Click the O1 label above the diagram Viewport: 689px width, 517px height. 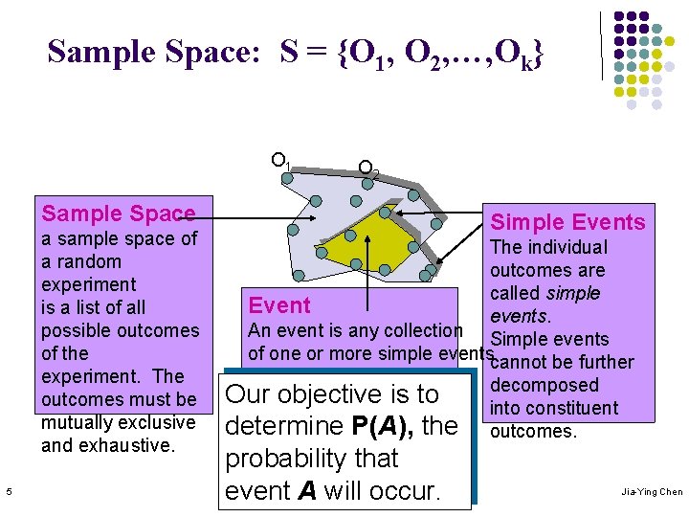click(x=280, y=160)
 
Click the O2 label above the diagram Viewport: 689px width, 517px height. click(x=367, y=169)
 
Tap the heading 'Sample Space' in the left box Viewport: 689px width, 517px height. click(x=118, y=214)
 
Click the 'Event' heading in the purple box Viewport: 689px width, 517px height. click(x=279, y=305)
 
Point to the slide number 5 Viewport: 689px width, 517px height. click(x=8, y=492)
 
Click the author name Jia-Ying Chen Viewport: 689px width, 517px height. click(x=650, y=492)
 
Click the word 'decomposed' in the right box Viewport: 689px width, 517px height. click(x=544, y=385)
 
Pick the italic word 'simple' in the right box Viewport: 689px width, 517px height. click(x=575, y=293)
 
